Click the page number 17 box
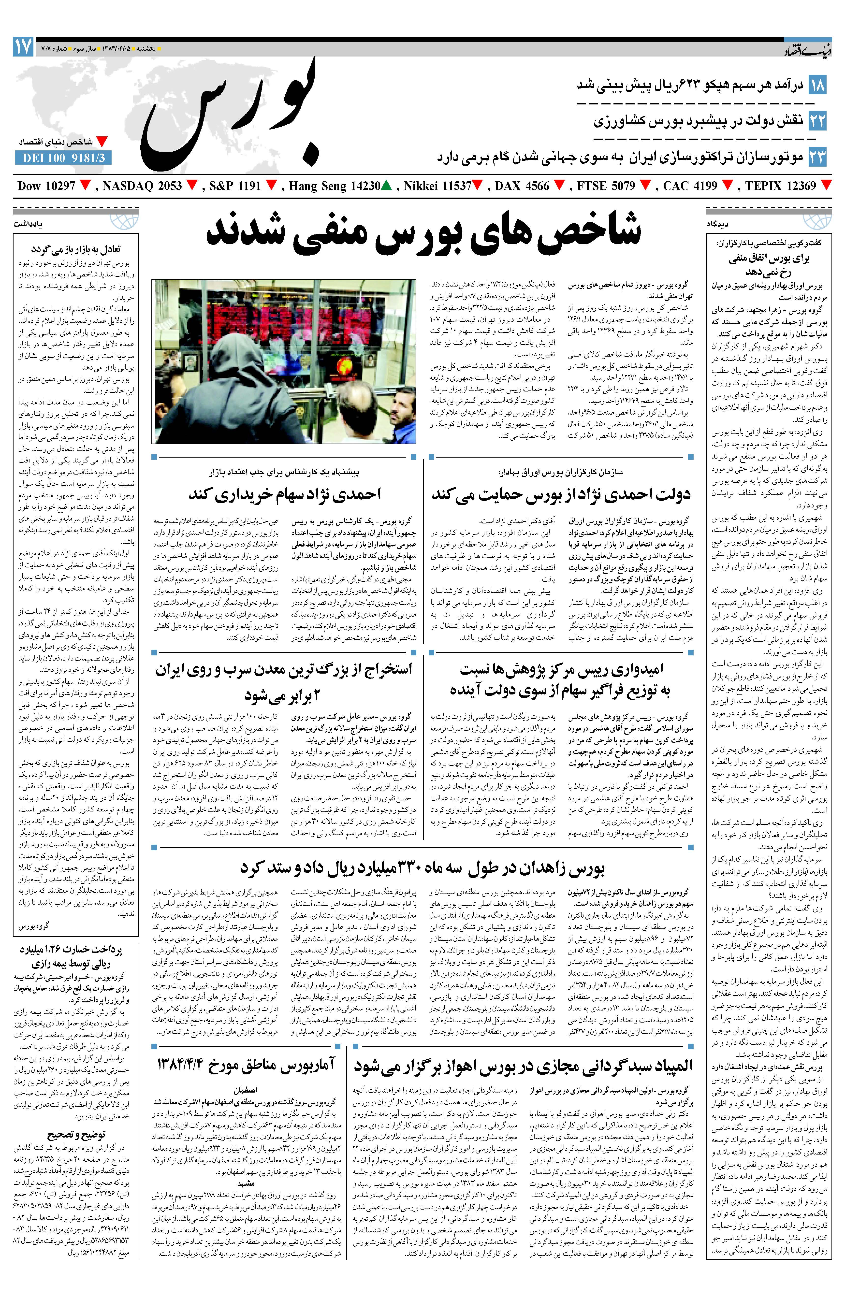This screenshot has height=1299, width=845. tap(23, 47)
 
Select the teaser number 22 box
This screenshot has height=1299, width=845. tap(817, 121)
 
